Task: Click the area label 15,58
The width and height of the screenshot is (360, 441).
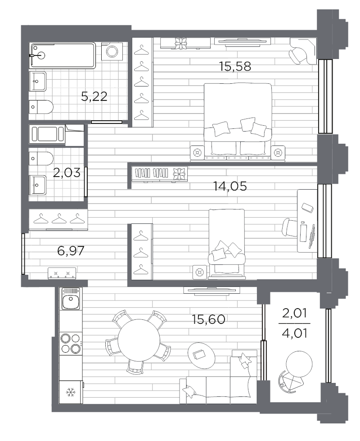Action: [x=235, y=67]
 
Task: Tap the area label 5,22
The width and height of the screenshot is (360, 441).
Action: [x=94, y=97]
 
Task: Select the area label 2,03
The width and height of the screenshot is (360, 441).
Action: [x=67, y=173]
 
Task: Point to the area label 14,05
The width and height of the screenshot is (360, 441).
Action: [x=230, y=186]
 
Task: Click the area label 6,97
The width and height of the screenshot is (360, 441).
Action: [x=71, y=250]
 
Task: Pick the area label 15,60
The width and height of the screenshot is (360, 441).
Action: [x=208, y=319]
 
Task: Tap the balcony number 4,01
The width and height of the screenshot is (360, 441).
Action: [x=294, y=333]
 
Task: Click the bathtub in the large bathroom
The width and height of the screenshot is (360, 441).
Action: [x=63, y=55]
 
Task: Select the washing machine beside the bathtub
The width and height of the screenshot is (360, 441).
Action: [x=112, y=51]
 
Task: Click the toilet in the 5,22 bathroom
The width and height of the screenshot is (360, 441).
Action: [x=41, y=107]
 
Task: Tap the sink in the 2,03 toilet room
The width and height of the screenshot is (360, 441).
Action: [x=37, y=185]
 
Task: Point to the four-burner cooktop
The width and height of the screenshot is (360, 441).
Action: [x=71, y=343]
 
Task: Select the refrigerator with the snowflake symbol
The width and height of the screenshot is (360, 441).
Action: [x=71, y=392]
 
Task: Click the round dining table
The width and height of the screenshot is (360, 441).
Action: [x=139, y=341]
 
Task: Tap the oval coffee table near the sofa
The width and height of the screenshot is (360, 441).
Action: [x=201, y=355]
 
